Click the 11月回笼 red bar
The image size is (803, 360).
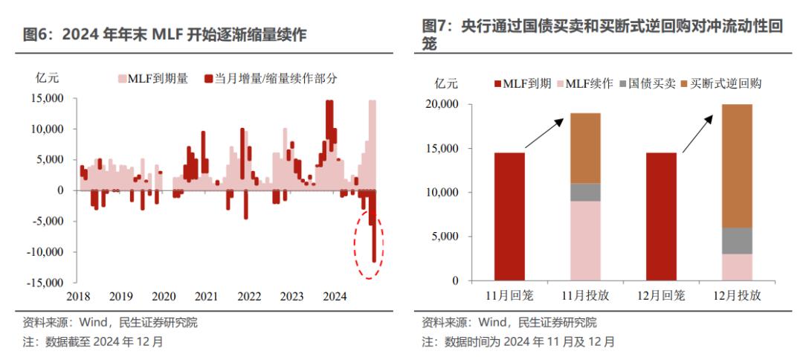click(x=509, y=216)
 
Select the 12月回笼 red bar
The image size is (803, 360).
click(x=662, y=216)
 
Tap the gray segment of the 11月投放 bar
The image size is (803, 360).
click(x=585, y=192)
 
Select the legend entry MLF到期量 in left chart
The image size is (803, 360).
click(x=152, y=77)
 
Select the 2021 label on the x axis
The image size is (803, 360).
click(x=206, y=296)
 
